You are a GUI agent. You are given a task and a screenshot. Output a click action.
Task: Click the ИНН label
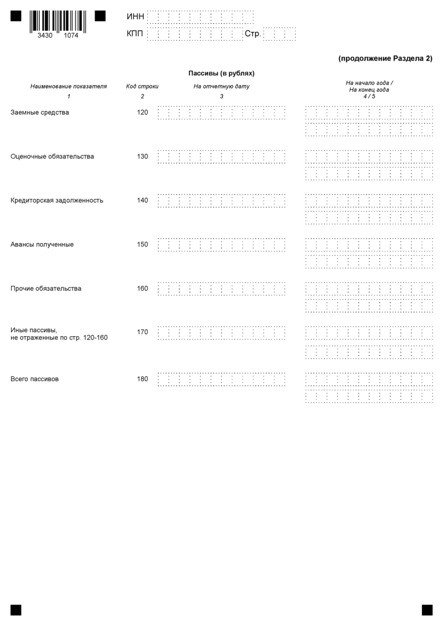point(136,17)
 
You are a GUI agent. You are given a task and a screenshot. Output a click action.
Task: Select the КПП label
point(135,35)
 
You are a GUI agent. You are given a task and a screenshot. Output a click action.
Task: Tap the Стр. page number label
point(253,35)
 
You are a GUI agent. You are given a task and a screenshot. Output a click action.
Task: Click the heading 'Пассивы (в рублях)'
point(222,73)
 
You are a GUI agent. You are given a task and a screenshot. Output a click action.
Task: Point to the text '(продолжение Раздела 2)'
point(385,58)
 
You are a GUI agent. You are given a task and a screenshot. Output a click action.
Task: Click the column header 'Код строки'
point(142,86)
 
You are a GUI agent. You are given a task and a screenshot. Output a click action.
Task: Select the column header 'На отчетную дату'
point(222,86)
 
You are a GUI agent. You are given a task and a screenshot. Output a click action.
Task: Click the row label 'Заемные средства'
point(40,113)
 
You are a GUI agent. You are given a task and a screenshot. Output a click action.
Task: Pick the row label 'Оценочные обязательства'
point(52,157)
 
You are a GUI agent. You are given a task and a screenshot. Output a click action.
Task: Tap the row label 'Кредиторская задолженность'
point(57,200)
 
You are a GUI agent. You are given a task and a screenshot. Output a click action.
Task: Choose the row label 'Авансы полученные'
point(42,244)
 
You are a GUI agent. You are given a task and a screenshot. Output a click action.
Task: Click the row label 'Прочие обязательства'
point(46,288)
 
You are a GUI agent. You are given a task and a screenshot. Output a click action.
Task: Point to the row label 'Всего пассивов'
point(35,379)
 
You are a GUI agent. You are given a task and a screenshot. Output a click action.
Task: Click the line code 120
point(143,113)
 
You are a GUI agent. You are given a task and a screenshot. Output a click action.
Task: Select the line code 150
point(143,244)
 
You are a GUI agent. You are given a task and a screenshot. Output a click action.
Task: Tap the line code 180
point(143,379)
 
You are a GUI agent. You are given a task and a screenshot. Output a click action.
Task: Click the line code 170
point(143,332)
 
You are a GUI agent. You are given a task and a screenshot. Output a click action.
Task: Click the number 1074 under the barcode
point(71,35)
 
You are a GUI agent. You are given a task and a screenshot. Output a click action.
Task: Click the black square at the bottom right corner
point(427,610)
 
